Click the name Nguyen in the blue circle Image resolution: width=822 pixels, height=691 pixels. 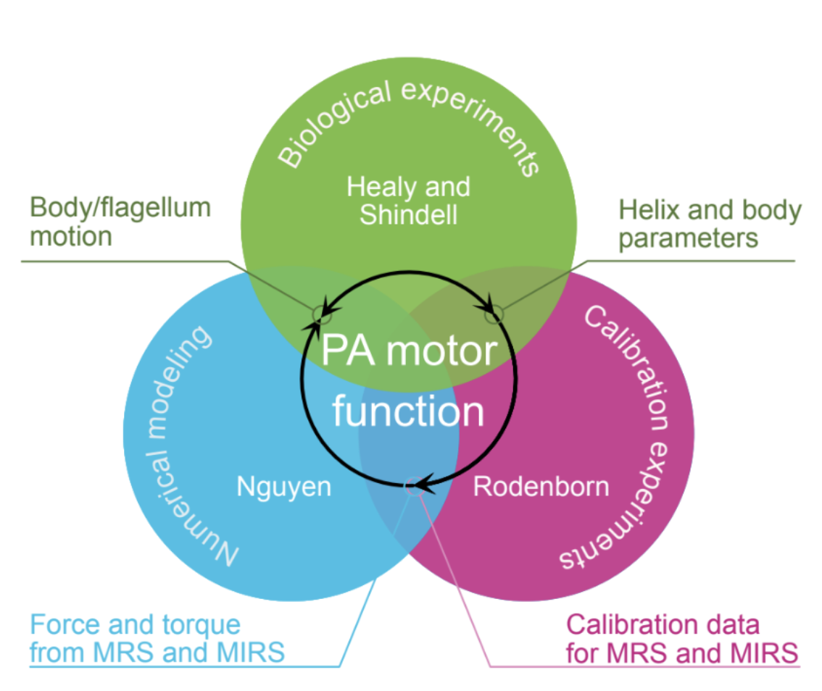point(283,487)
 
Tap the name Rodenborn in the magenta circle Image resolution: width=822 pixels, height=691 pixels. point(541,487)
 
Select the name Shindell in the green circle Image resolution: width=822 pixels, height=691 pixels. point(408,215)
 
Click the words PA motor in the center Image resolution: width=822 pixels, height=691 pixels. point(409,351)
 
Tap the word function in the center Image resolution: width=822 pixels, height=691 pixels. point(407,411)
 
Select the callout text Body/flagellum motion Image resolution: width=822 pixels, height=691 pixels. point(120,222)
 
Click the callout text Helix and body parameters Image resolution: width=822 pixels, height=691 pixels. point(710,224)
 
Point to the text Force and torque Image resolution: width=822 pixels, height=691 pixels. point(135,624)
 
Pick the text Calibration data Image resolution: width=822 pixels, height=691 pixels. point(663,624)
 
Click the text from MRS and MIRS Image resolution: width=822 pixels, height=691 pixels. point(157,653)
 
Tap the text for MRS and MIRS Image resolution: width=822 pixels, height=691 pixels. point(682,653)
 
